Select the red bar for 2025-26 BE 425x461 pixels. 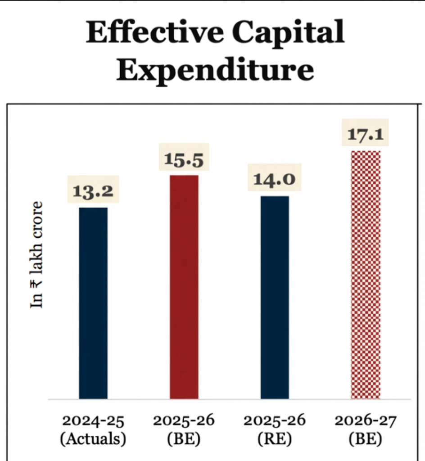click(184, 286)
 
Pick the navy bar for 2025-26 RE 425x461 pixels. click(275, 297)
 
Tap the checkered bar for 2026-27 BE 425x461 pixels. click(365, 274)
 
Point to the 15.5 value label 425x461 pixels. click(184, 159)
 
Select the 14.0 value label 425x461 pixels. click(274, 180)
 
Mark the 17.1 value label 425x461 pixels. click(366, 135)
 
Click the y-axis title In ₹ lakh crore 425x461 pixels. click(37, 254)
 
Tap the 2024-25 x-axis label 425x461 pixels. click(93, 421)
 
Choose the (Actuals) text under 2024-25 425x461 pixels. click(93, 439)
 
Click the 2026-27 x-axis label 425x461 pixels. click(365, 421)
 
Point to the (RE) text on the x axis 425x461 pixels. click(274, 439)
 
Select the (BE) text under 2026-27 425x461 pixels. click(365, 439)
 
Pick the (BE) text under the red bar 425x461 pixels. click(184, 439)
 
